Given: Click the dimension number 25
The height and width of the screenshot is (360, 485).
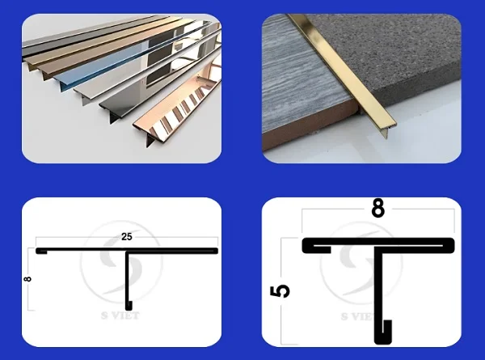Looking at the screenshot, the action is (127, 237).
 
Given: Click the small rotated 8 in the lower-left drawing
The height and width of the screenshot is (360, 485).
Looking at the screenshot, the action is (27, 279).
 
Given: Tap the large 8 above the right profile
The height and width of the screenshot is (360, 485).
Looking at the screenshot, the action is (378, 208).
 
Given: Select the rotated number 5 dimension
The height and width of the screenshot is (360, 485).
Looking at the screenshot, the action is (280, 291).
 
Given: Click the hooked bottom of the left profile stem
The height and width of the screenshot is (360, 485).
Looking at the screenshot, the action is (129, 305).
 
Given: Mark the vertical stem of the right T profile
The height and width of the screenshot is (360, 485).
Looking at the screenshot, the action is (378, 294).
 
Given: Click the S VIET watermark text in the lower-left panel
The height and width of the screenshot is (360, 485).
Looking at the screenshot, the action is (120, 316).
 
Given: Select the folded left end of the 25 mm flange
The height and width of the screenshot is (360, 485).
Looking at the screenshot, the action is (41, 251).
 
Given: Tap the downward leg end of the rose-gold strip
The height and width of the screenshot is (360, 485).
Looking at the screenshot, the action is (150, 142).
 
